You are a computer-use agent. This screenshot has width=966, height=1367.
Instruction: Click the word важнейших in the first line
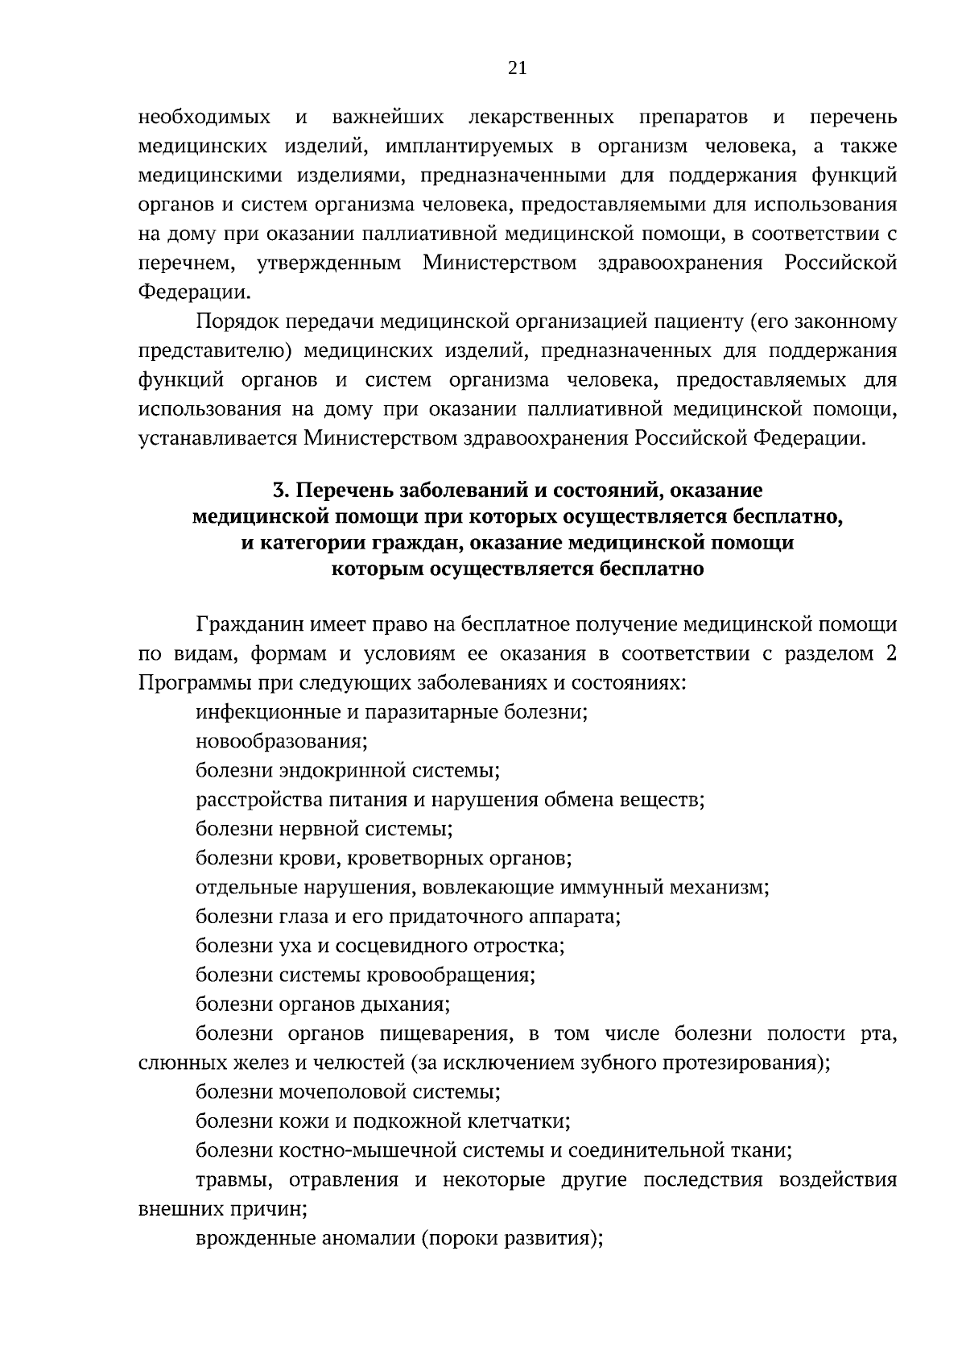coord(387,118)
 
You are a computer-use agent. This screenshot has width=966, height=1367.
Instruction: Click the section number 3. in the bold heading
coord(280,491)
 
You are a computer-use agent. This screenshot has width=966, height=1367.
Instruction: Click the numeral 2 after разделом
coord(891,653)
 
